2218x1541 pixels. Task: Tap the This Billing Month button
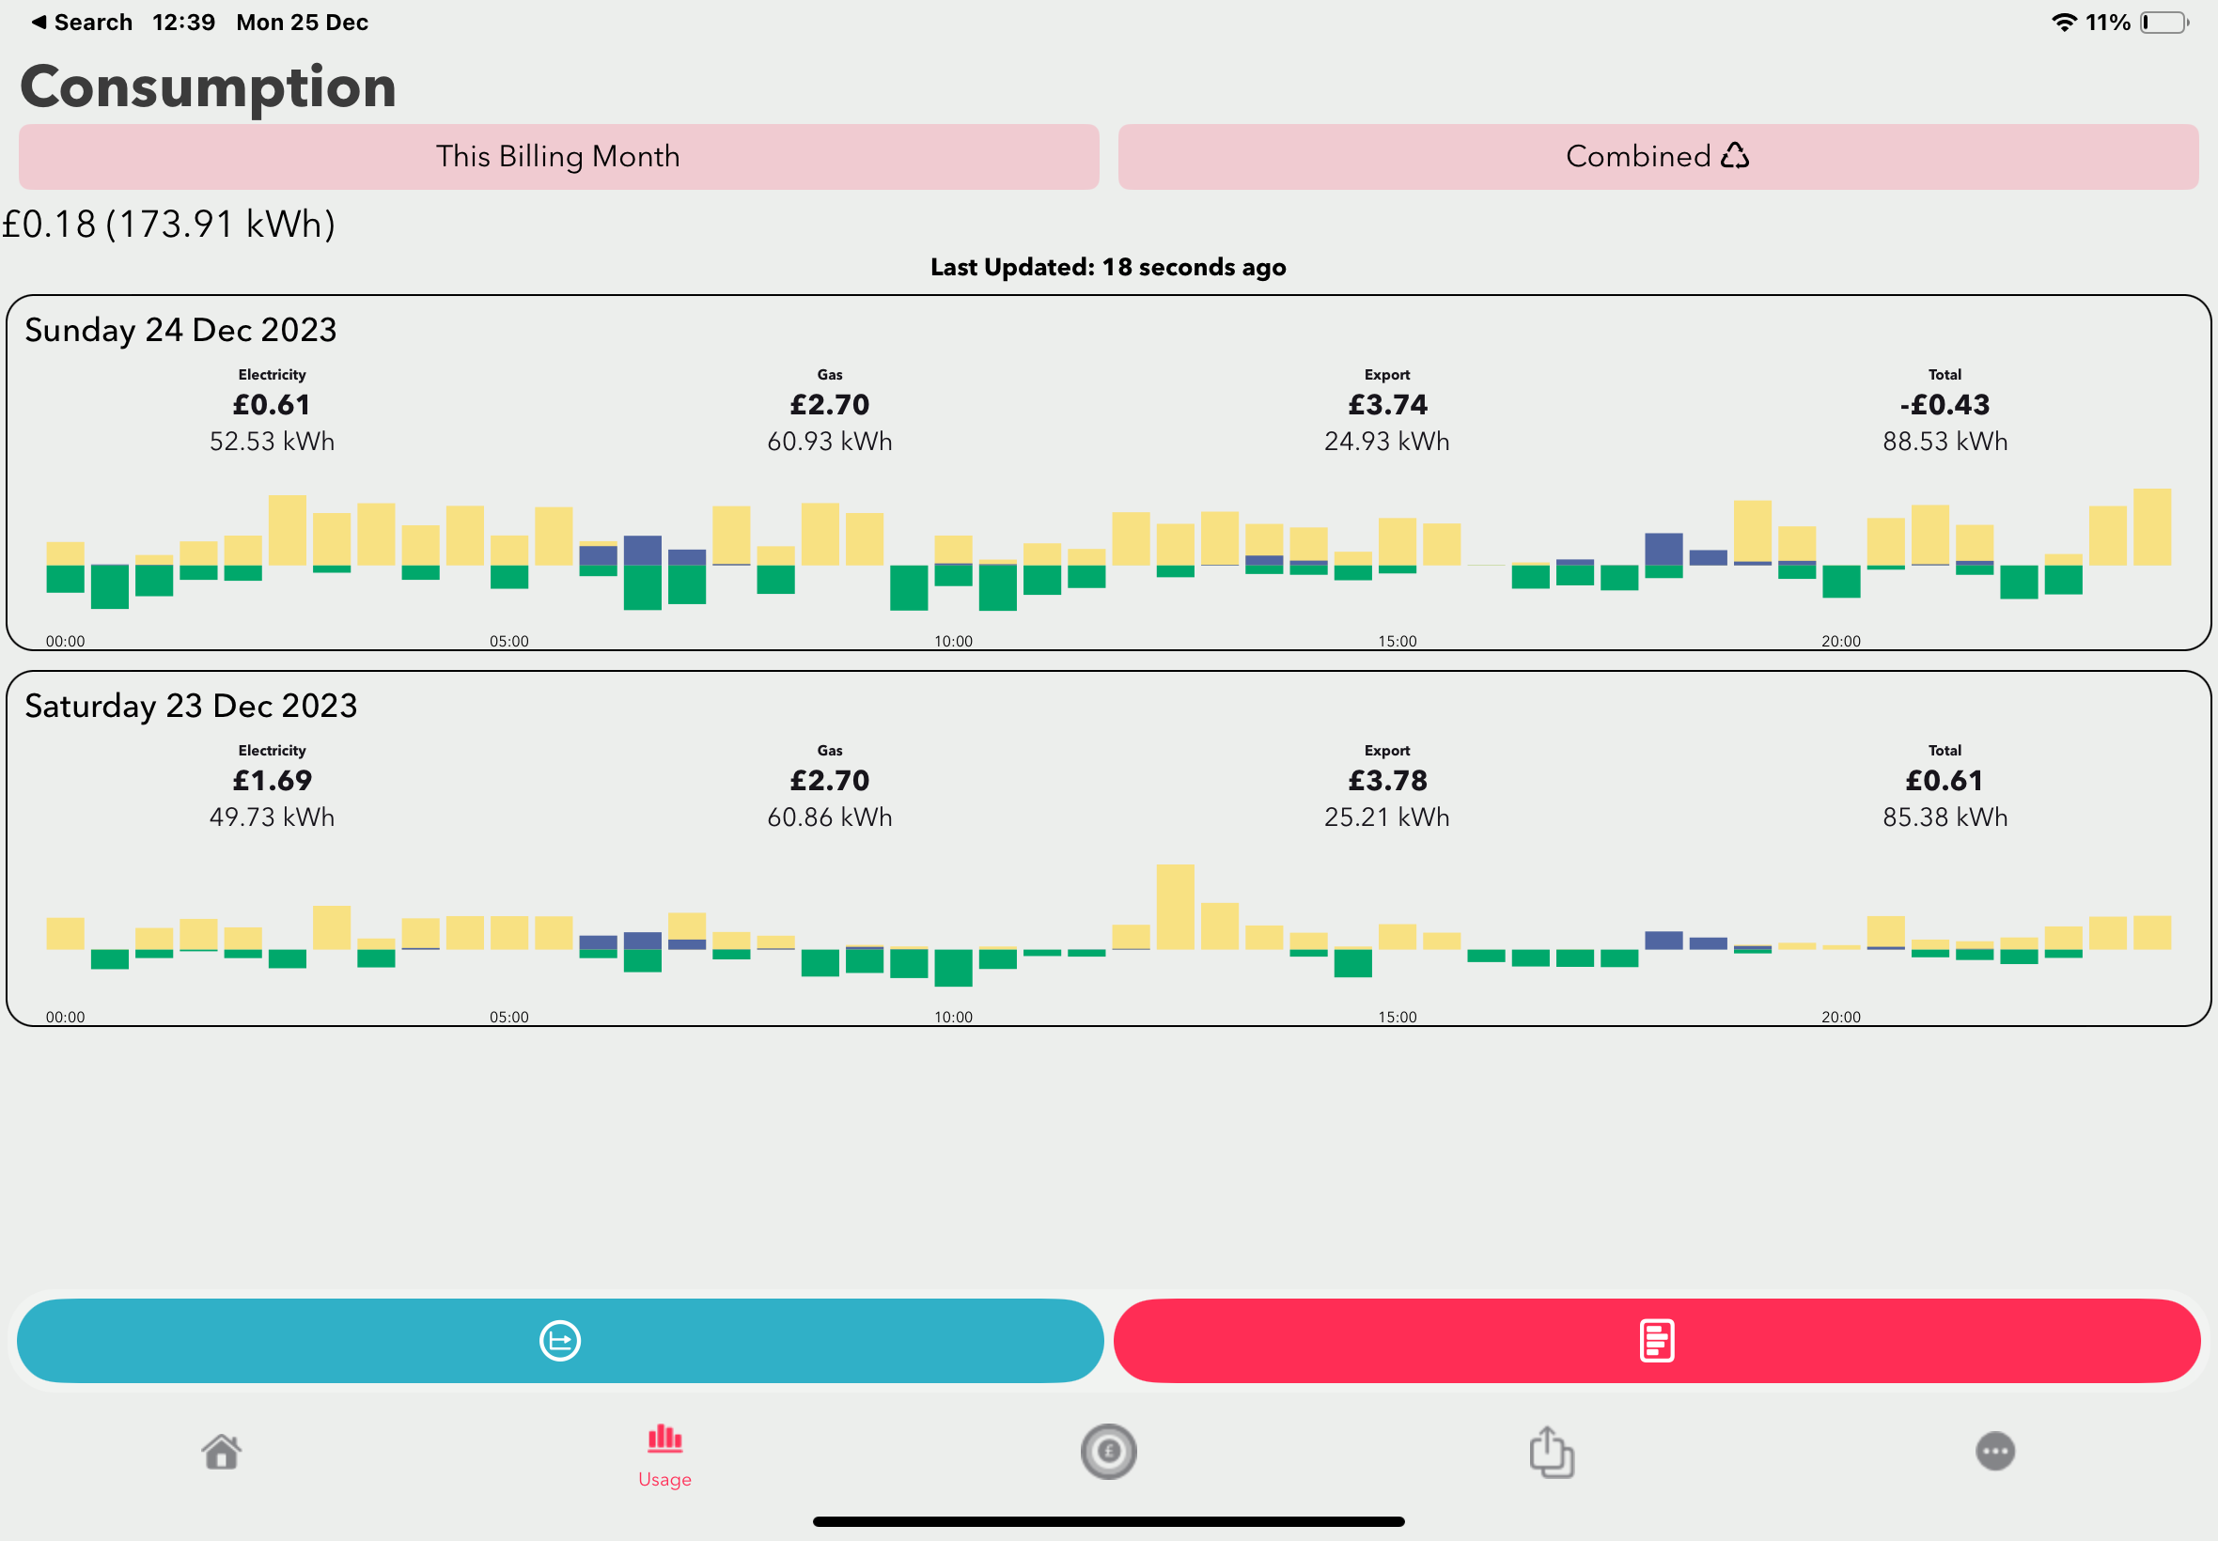tap(558, 156)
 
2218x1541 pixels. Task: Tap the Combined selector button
tap(1658, 156)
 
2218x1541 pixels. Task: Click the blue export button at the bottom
tap(560, 1340)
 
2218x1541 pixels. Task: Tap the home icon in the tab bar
tap(221, 1451)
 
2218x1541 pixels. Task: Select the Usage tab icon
tap(664, 1439)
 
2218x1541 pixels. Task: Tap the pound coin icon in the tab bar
tap(1108, 1451)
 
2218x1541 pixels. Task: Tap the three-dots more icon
tap(1996, 1451)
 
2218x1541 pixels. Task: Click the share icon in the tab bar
tap(1552, 1451)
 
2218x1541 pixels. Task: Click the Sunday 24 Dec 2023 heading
tap(180, 330)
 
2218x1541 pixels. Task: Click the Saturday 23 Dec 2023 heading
tap(191, 706)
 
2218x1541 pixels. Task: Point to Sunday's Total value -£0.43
tap(1945, 405)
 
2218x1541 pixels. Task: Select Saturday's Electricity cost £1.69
tap(273, 780)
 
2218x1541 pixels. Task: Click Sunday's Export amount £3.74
tap(1387, 405)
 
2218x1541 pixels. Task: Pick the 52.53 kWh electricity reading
tap(273, 442)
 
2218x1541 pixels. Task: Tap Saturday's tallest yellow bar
tap(1175, 907)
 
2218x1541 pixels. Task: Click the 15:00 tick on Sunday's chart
tap(1398, 641)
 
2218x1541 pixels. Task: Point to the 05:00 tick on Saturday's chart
tap(508, 1017)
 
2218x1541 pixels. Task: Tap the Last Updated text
tap(1108, 268)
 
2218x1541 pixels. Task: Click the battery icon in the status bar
tap(2163, 23)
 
